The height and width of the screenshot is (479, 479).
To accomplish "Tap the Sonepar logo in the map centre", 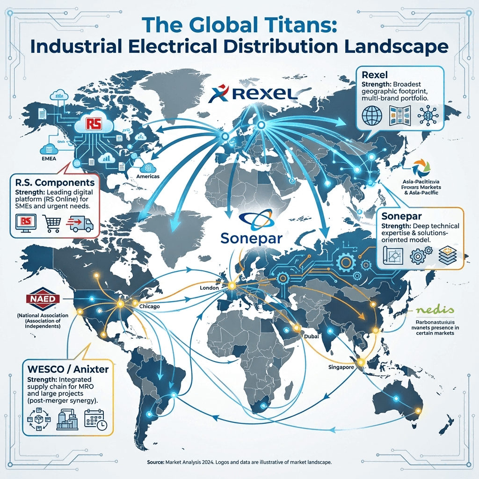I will pos(253,229).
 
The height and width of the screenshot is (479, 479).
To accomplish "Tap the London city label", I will pos(209,288).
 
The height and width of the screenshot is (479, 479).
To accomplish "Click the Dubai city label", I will pos(312,336).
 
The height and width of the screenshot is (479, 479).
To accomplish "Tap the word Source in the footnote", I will pos(154,462).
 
